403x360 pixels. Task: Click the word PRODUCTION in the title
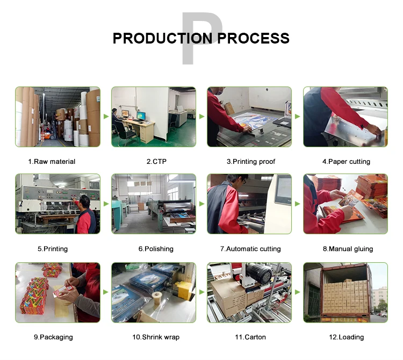pyautogui.click(x=162, y=38)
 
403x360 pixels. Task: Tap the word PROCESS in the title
pyautogui.click(x=254, y=38)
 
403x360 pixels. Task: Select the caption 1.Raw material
pyautogui.click(x=52, y=162)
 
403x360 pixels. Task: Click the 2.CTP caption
pyautogui.click(x=156, y=162)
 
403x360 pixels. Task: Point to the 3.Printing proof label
pyautogui.click(x=251, y=162)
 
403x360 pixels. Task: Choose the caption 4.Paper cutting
pyautogui.click(x=346, y=162)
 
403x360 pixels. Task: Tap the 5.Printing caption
pyautogui.click(x=53, y=249)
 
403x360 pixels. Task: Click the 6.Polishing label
pyautogui.click(x=156, y=249)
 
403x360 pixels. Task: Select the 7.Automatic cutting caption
pyautogui.click(x=250, y=249)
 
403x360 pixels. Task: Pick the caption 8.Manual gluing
pyautogui.click(x=348, y=249)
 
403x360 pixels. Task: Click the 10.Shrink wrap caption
pyautogui.click(x=156, y=337)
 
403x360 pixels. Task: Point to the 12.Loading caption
pyautogui.click(x=347, y=337)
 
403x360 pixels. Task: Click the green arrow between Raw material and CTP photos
pyautogui.click(x=106, y=117)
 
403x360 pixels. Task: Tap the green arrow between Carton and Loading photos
pyautogui.click(x=298, y=292)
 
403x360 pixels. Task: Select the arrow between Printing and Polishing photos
pyautogui.click(x=106, y=204)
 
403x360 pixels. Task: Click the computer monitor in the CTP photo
pyautogui.click(x=141, y=116)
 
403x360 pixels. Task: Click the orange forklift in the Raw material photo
pyautogui.click(x=48, y=135)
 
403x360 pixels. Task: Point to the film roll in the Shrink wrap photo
pyautogui.click(x=157, y=297)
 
